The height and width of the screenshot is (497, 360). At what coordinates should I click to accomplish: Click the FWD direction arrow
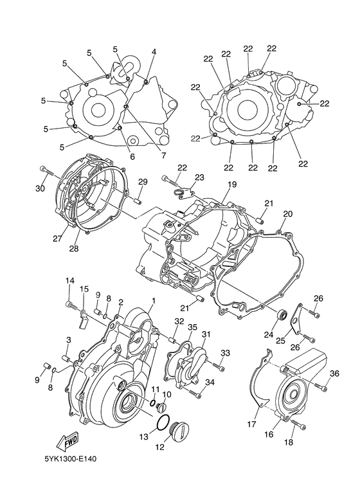point(67,442)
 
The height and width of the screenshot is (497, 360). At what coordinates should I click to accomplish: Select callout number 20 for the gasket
point(287,214)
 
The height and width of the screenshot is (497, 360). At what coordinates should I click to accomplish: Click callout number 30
point(40,188)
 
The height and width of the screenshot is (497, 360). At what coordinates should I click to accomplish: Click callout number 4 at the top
point(154,51)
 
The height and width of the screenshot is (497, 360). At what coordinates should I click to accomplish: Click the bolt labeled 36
point(319,386)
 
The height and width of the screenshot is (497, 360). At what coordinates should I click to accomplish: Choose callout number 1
point(153,301)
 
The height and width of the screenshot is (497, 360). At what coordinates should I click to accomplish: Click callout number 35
point(192,327)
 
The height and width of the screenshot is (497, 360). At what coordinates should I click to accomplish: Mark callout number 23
point(199,177)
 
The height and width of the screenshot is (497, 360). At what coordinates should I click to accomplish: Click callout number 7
point(163,155)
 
